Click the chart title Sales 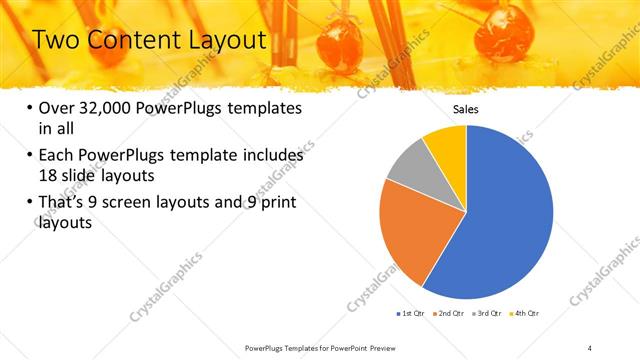pyautogui.click(x=466, y=108)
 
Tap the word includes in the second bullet pyautogui.click(x=270, y=156)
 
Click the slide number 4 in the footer pyautogui.click(x=590, y=346)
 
